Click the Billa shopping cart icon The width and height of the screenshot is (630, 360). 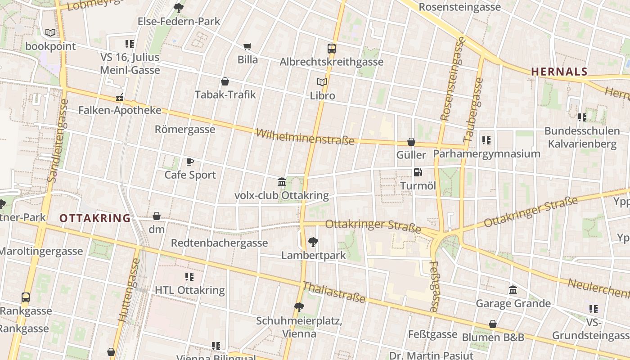[247, 46]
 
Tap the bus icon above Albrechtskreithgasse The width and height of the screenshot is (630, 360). [332, 49]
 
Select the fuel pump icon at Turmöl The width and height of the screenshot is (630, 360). [418, 172]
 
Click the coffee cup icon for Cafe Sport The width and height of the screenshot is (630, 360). [190, 162]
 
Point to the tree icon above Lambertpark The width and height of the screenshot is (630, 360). [313, 242]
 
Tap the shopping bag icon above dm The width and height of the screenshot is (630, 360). [157, 216]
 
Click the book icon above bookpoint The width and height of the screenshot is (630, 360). [50, 33]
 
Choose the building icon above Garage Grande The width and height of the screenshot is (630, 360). [513, 290]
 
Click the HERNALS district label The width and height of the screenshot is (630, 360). [559, 72]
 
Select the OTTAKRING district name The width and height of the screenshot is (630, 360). [95, 219]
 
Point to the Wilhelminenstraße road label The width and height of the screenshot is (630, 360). [305, 136]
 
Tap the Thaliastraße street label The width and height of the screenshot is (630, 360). [333, 292]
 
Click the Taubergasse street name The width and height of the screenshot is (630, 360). [473, 111]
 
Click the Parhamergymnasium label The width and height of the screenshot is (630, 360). [486, 154]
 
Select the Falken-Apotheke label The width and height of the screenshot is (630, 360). [120, 110]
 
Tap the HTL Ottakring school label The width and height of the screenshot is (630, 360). [189, 290]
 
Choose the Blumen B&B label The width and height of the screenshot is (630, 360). [493, 337]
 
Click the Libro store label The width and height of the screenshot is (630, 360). [323, 95]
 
